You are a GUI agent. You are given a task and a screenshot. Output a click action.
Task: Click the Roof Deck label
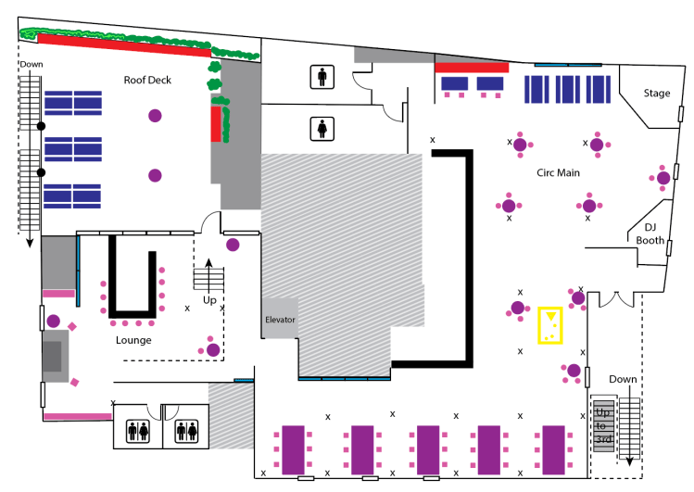[x=147, y=81]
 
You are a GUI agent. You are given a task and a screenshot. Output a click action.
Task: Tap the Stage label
[x=657, y=94]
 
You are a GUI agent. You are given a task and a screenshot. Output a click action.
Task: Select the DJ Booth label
[x=650, y=233]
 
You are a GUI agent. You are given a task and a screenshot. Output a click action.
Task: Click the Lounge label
[x=133, y=340]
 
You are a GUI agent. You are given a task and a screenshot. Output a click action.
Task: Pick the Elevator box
[x=280, y=320]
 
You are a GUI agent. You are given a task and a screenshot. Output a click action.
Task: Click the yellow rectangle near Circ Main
[x=551, y=325]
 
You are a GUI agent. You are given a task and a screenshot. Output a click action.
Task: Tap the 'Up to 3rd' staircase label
[x=603, y=424]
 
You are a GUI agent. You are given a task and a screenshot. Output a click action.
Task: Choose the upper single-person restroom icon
[x=322, y=76]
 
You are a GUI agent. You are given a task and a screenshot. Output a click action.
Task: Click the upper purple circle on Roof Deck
[x=155, y=116]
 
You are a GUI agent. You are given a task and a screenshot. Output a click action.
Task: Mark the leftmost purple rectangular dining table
[x=294, y=449]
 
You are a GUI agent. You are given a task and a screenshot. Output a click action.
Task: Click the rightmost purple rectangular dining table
[x=554, y=449]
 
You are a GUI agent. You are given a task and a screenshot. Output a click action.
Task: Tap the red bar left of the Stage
[x=472, y=68]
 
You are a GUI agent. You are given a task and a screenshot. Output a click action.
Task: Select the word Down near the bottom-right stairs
[x=623, y=380]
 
